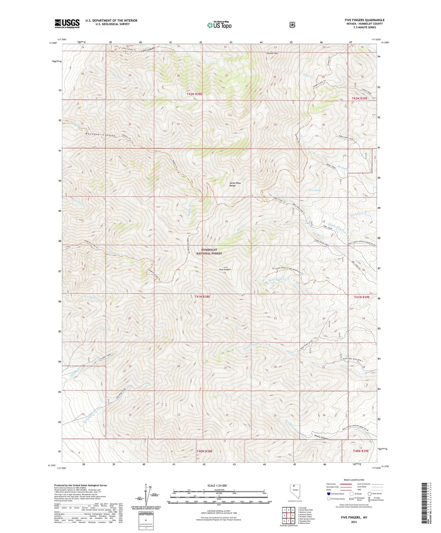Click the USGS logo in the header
coord(67,24)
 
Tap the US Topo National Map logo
coord(219,25)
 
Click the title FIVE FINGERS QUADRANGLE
coord(365,20)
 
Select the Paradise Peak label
coord(272,54)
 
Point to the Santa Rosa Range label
coord(235,184)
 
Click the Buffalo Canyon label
coord(100,134)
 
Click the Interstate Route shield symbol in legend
coord(328,494)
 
